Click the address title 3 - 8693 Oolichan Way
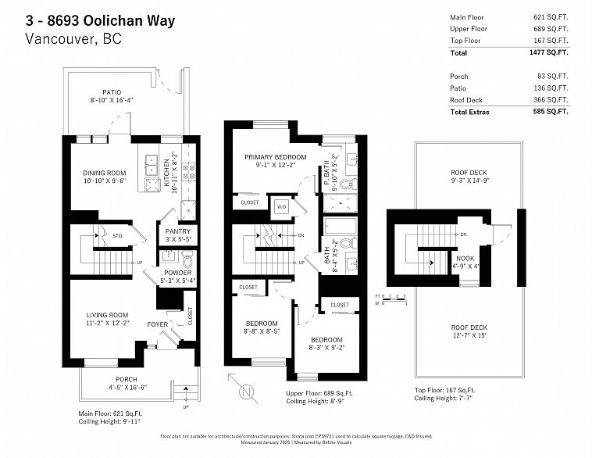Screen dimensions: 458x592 (101, 20)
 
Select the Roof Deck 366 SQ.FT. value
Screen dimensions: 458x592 (551, 100)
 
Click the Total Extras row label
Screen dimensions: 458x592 (469, 112)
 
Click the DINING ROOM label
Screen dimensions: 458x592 (104, 174)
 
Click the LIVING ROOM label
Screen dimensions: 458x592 (108, 315)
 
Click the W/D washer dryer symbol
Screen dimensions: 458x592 (280, 207)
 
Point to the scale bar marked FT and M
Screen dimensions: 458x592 (391, 299)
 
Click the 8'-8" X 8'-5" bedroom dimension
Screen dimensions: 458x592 (260, 331)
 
